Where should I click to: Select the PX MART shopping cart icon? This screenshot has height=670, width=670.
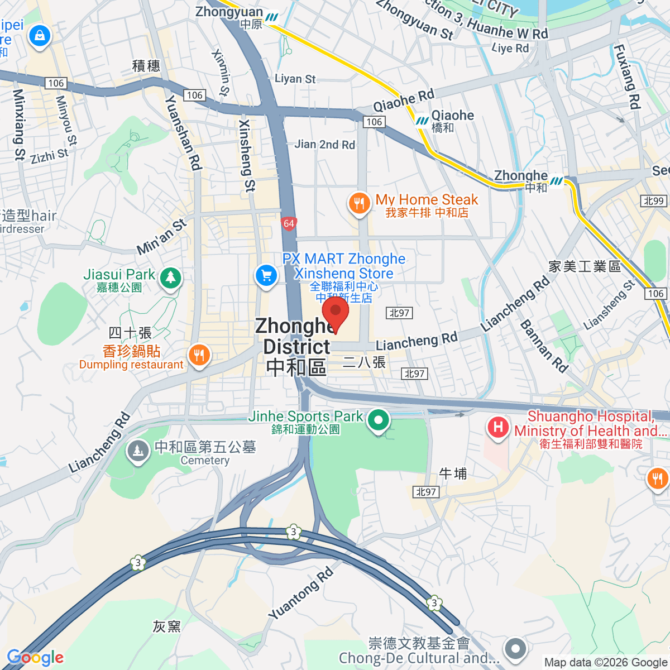click(266, 275)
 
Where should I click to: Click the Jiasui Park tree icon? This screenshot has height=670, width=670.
click(170, 277)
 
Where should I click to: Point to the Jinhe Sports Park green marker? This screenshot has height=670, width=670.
click(378, 420)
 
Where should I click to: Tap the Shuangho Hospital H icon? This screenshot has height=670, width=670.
click(497, 428)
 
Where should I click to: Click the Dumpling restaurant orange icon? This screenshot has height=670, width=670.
click(199, 355)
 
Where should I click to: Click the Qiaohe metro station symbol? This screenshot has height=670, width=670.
click(422, 121)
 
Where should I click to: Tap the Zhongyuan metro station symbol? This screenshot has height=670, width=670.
click(272, 17)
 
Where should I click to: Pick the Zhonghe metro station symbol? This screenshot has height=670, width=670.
click(557, 181)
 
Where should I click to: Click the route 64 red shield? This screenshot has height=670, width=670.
click(288, 224)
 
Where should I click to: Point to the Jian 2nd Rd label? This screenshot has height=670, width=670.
click(324, 145)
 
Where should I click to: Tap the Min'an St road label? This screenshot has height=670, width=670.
click(161, 237)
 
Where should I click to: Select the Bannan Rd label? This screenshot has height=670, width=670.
click(544, 346)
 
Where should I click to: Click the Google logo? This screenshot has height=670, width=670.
click(35, 658)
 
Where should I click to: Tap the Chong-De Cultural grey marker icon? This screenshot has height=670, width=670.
click(515, 649)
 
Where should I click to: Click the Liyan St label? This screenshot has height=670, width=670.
click(295, 79)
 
